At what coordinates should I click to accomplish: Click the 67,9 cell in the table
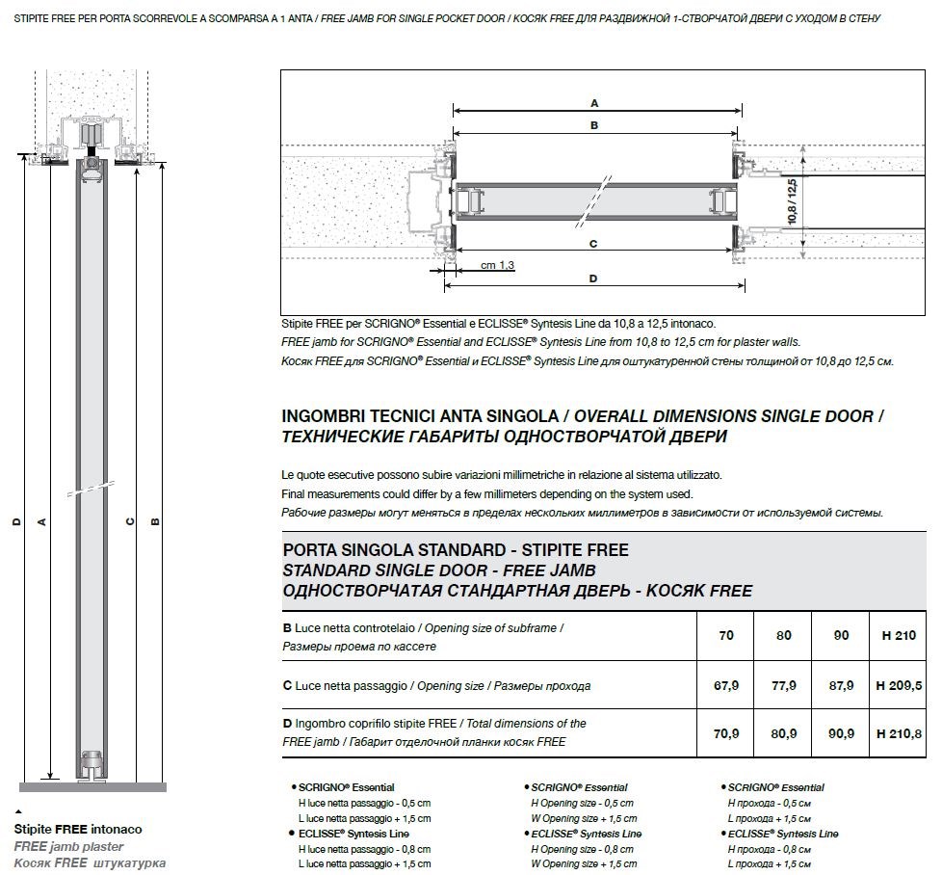(726, 686)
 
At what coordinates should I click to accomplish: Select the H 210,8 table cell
(898, 733)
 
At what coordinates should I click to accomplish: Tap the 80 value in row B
(784, 636)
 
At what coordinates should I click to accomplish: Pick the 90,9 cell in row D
(841, 733)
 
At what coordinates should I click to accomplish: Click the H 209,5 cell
(898, 686)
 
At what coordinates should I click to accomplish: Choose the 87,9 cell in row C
(841, 686)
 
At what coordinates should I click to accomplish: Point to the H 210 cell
(898, 636)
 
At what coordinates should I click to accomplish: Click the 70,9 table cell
(726, 733)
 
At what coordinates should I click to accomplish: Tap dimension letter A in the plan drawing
(594, 102)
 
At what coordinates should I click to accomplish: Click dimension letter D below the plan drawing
(593, 278)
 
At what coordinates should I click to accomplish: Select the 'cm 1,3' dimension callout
(498, 265)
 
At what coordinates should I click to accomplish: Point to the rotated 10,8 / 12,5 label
(793, 202)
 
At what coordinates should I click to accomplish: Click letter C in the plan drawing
(593, 244)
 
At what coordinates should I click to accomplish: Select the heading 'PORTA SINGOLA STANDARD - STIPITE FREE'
(456, 550)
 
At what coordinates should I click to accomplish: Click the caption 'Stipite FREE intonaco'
(78, 829)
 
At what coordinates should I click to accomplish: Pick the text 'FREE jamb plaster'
(68, 846)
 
